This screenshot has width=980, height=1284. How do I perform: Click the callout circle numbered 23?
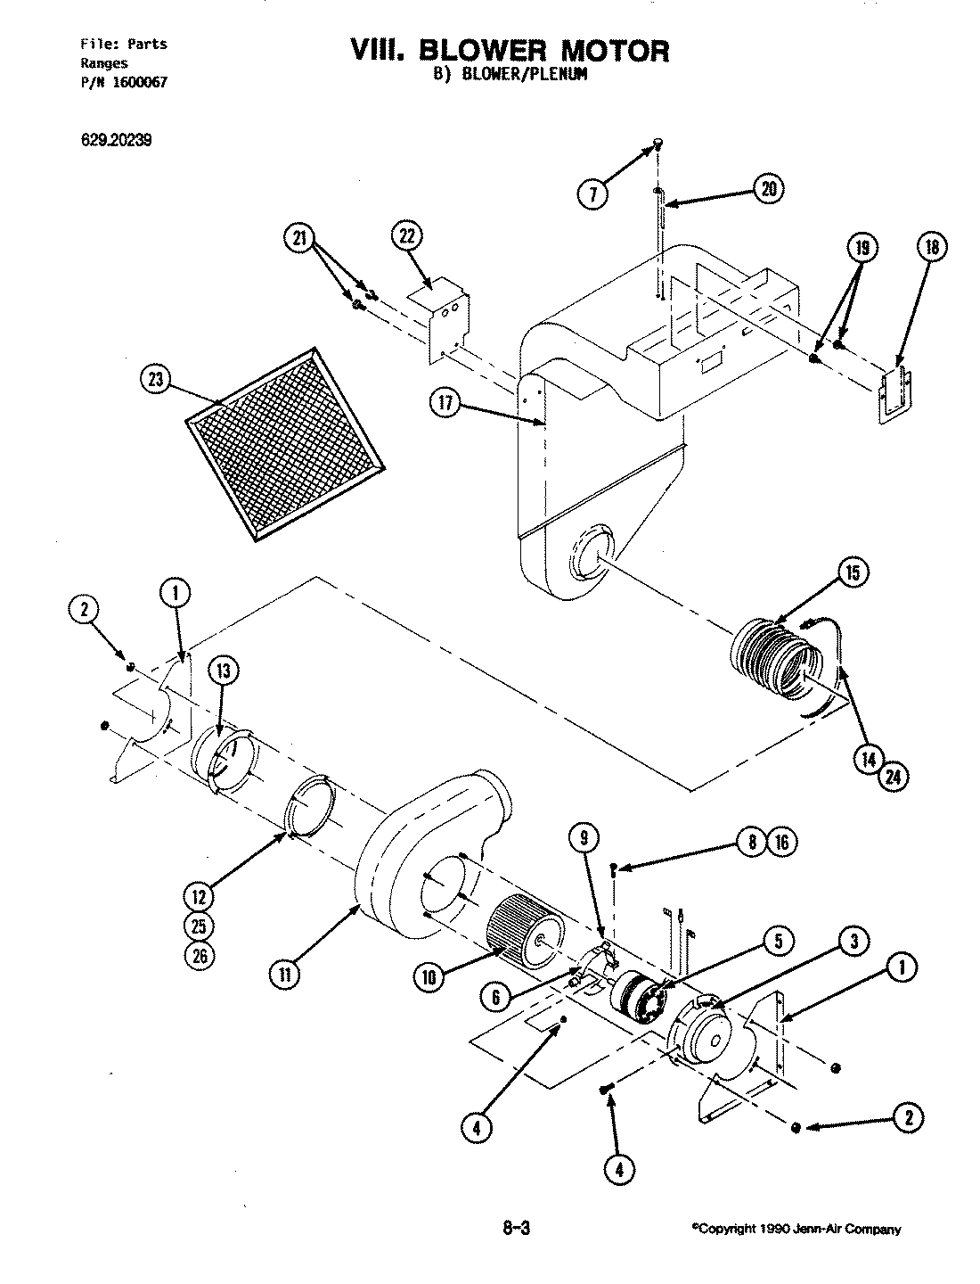(x=158, y=380)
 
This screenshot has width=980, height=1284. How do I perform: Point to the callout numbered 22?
(x=406, y=236)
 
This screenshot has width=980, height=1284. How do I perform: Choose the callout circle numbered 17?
(x=446, y=404)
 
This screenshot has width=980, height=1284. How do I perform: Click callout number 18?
(x=931, y=248)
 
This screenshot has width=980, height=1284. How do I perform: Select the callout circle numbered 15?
(x=853, y=572)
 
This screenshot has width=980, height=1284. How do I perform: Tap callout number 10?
(x=429, y=977)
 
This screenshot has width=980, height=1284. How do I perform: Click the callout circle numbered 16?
(x=782, y=842)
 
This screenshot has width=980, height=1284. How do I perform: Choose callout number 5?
(x=777, y=939)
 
